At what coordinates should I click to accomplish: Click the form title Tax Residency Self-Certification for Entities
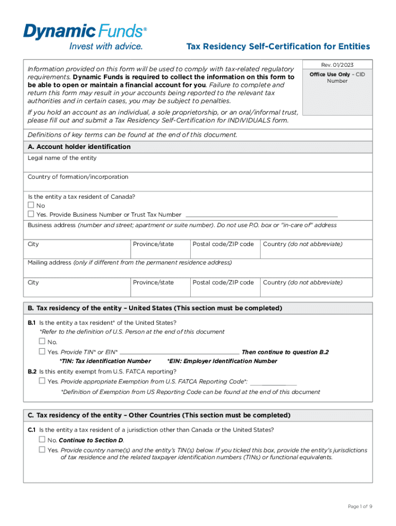[x=278, y=47]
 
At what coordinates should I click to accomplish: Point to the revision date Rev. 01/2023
[x=337, y=65]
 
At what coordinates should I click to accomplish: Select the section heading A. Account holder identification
[x=79, y=147]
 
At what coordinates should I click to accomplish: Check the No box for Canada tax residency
[x=31, y=205]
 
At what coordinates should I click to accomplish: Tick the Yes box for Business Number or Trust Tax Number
[x=31, y=214]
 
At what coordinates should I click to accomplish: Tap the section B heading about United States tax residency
[x=155, y=308]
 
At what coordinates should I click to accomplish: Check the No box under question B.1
[x=42, y=342]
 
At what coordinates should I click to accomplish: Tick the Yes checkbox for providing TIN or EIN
[x=42, y=352]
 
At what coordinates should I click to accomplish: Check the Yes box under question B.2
[x=42, y=381]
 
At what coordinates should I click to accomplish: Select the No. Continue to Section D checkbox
[x=42, y=440]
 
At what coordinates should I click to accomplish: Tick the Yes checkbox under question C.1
[x=42, y=450]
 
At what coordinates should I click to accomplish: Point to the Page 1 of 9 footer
[x=359, y=506]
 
